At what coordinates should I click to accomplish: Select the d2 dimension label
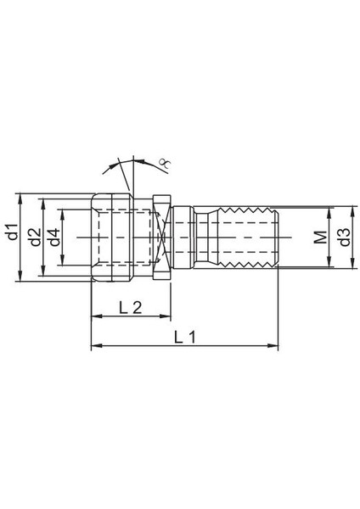pyautogui.click(x=34, y=237)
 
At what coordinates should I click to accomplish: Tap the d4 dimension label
pyautogui.click(x=55, y=237)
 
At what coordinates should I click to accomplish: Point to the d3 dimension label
pyautogui.click(x=343, y=237)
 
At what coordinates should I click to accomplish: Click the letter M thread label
pyautogui.click(x=319, y=238)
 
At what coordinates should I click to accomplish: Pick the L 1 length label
pyautogui.click(x=184, y=337)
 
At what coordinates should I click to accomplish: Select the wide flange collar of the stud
pyautogui.click(x=165, y=237)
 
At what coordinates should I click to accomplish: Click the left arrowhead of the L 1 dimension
pyautogui.click(x=95, y=345)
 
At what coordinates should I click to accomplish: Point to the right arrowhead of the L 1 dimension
pyautogui.click(x=273, y=345)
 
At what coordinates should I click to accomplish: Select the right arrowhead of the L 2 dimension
pyautogui.click(x=168, y=316)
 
